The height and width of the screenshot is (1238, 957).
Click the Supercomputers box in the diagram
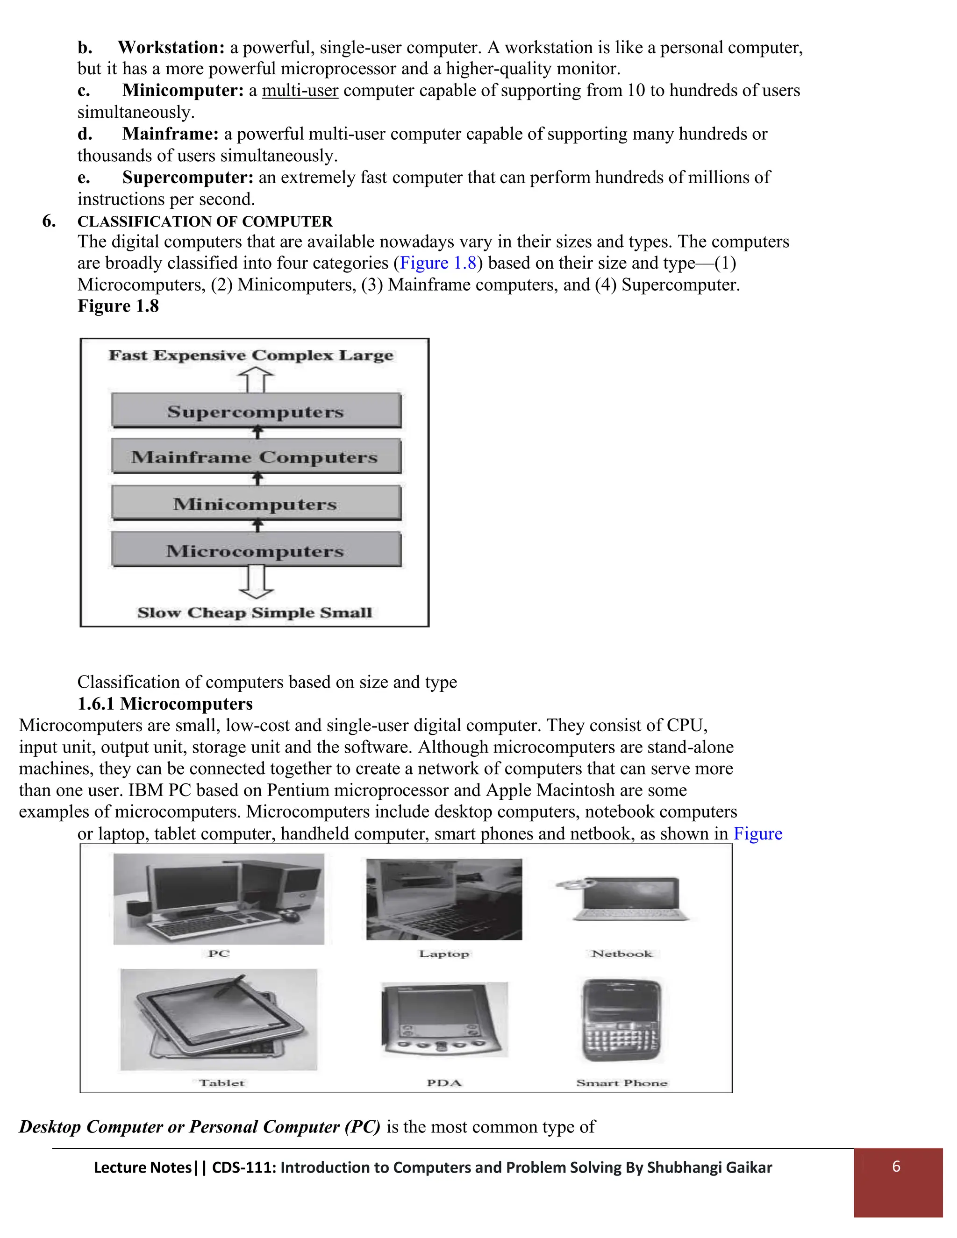pos(256,411)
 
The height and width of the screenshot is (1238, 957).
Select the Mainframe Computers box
pos(256,457)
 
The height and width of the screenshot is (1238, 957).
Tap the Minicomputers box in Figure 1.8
pos(256,503)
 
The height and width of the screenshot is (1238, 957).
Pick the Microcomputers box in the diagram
pos(256,550)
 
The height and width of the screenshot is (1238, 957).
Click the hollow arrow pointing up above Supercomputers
pos(256,379)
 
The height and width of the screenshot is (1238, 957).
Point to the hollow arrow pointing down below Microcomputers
pos(256,582)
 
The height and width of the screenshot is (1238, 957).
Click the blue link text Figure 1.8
pos(438,263)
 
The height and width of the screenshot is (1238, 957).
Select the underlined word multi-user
pos(300,90)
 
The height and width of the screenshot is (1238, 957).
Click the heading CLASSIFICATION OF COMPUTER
pos(205,221)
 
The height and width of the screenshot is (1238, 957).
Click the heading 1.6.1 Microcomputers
pos(165,704)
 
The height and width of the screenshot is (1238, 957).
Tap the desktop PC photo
pos(219,899)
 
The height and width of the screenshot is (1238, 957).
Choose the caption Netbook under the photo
pos(622,953)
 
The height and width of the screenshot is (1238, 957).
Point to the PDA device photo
pos(443,1019)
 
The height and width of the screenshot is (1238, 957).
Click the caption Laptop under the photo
pos(444,953)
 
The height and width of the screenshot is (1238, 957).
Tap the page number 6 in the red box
pos(896,1166)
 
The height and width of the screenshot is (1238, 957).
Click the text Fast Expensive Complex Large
pos(251,356)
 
